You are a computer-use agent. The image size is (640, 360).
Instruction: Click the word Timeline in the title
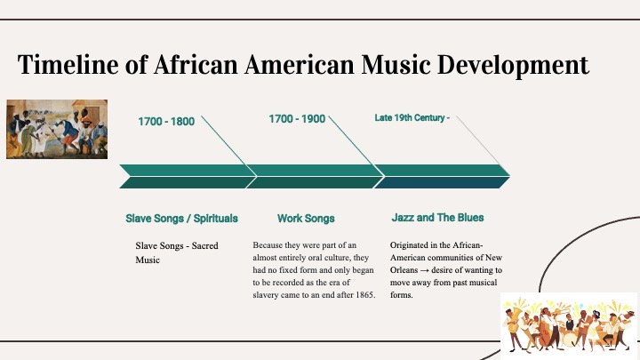68,65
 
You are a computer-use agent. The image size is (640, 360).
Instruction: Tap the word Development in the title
513,66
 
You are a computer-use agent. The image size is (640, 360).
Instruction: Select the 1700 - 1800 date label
166,122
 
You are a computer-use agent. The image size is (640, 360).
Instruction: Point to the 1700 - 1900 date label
297,119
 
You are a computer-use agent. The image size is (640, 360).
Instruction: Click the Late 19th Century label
412,118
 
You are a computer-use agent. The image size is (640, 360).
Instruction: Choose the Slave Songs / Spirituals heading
181,219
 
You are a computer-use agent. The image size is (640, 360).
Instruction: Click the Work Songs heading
306,219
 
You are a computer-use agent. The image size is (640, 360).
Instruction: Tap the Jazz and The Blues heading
437,218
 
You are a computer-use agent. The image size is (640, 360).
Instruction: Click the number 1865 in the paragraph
364,295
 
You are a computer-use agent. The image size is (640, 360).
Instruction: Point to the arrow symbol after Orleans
425,270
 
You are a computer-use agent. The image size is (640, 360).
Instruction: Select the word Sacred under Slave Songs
205,245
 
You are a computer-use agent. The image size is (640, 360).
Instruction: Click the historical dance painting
57,129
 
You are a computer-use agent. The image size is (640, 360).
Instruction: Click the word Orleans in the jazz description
404,270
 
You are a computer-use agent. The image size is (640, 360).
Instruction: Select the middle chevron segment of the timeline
315,176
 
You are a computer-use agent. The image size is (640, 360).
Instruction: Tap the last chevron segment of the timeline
442,176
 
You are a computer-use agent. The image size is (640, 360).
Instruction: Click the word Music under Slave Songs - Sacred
148,260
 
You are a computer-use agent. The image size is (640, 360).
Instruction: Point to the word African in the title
196,65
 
